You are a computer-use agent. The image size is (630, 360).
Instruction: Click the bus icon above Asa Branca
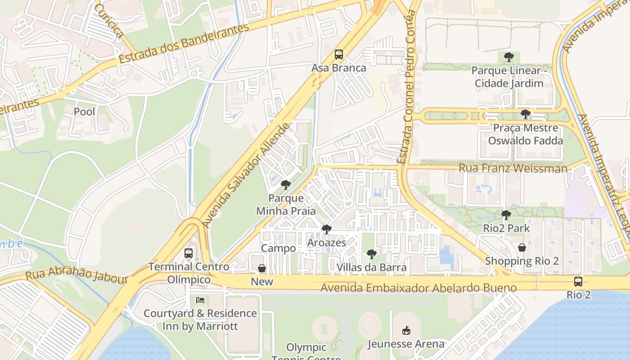coord(339,54)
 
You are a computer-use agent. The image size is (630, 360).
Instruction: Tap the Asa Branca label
coord(339,68)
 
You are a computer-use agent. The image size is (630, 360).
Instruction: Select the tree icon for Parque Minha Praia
coord(285,184)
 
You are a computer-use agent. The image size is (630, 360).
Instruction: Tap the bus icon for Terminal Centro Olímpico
coord(189,253)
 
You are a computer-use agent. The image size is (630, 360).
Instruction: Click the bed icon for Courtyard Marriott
coord(200,300)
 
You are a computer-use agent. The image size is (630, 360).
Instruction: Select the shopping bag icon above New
coord(262,269)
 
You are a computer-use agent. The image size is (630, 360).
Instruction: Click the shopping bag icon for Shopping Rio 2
coord(522,247)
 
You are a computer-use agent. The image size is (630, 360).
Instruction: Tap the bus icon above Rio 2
coord(578,282)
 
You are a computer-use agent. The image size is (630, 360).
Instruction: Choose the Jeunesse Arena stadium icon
coord(406,330)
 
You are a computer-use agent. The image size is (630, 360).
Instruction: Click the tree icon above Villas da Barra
coord(371,254)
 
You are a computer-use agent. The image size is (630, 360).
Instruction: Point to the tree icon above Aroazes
coord(326,229)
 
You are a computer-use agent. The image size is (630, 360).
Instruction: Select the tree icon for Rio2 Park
coord(506,215)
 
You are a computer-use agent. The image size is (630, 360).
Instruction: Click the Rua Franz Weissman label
coord(513,168)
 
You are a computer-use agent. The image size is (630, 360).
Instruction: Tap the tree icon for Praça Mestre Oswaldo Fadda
coord(525,114)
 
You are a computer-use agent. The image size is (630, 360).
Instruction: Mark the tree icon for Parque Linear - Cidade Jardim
coord(508,57)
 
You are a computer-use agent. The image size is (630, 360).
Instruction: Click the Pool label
coord(84,111)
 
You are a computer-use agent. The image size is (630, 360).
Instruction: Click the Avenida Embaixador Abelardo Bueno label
coord(418,288)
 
